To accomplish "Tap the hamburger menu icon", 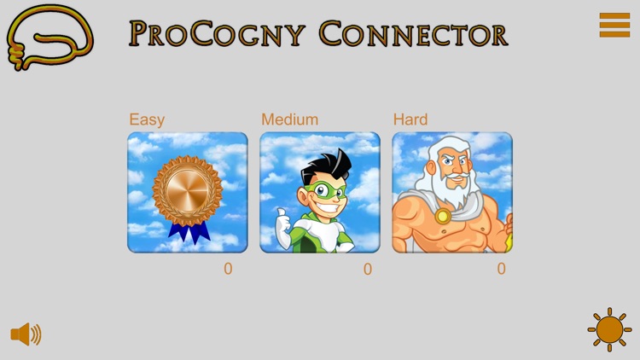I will (614, 25).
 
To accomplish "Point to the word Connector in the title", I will (413, 34).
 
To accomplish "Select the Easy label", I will (147, 119).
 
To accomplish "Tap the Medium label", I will (289, 119).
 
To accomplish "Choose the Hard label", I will (410, 119).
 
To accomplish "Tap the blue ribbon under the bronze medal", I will (188, 230).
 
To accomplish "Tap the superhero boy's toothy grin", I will (331, 206).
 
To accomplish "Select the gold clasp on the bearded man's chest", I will (443, 216).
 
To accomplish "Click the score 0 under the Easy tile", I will (228, 269).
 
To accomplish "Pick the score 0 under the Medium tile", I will (368, 269).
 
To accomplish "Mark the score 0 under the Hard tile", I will (501, 269).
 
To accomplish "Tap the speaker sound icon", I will (26, 334).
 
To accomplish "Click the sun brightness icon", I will (609, 329).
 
